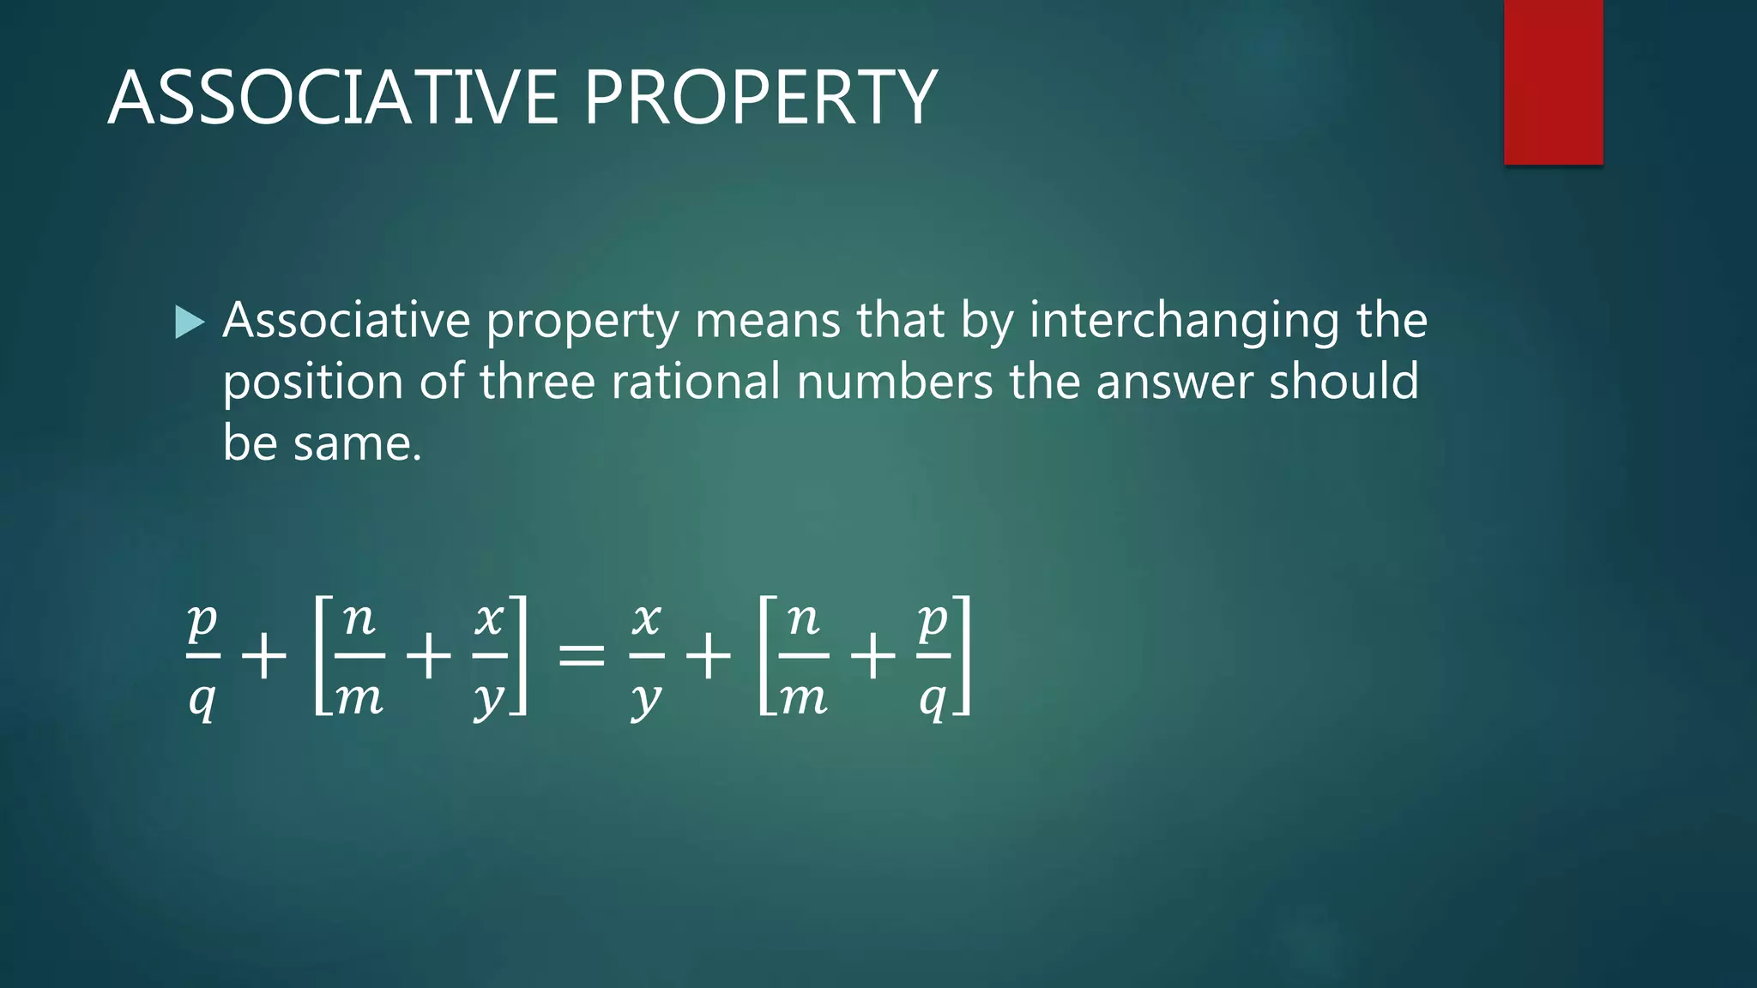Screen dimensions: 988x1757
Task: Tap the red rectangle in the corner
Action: click(1553, 82)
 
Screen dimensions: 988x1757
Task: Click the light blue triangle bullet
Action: click(190, 322)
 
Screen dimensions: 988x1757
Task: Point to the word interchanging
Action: click(1185, 322)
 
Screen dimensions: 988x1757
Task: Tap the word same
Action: click(358, 444)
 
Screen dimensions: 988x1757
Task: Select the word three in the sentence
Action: click(537, 382)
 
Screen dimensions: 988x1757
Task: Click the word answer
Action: click(1174, 383)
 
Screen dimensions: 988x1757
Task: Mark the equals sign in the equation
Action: click(582, 658)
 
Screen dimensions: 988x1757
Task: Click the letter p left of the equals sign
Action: click(203, 619)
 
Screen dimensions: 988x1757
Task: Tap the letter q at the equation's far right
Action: click(933, 700)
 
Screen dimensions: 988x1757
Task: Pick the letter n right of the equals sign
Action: click(804, 619)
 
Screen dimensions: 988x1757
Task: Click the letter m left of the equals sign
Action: click(359, 700)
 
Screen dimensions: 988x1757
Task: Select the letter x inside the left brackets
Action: click(489, 619)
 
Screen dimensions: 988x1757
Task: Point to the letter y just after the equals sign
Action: click(646, 700)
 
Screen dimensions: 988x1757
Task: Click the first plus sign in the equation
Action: click(263, 658)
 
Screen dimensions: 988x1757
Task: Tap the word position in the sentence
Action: click(313, 383)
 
